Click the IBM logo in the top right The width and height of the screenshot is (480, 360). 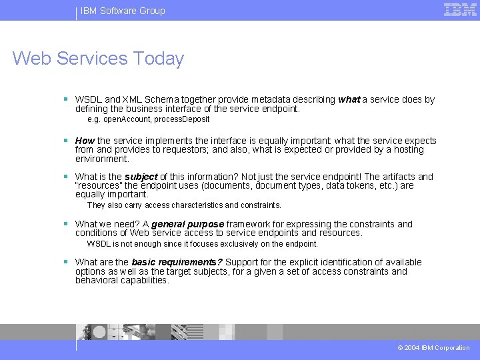(460, 10)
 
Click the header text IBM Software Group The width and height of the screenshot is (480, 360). (123, 11)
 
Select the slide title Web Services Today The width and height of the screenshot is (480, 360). (98, 59)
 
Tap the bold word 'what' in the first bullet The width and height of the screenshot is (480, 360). (349, 99)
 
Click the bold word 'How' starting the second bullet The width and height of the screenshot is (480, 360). (85, 141)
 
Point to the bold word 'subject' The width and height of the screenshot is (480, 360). (141, 177)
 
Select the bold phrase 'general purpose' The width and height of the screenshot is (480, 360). (187, 224)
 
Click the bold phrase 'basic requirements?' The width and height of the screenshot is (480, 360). (177, 262)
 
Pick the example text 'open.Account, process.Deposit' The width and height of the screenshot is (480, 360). (156, 119)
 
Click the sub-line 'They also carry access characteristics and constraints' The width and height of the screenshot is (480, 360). (184, 205)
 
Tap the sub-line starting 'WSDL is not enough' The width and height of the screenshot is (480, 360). (202, 244)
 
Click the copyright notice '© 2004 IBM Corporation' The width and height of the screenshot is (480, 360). (433, 347)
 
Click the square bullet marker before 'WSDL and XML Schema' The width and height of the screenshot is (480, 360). (66, 99)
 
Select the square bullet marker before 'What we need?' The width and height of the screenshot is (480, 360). (66, 224)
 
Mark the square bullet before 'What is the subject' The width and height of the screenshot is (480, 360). (66, 177)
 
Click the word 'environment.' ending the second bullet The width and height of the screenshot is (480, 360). (102, 159)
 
